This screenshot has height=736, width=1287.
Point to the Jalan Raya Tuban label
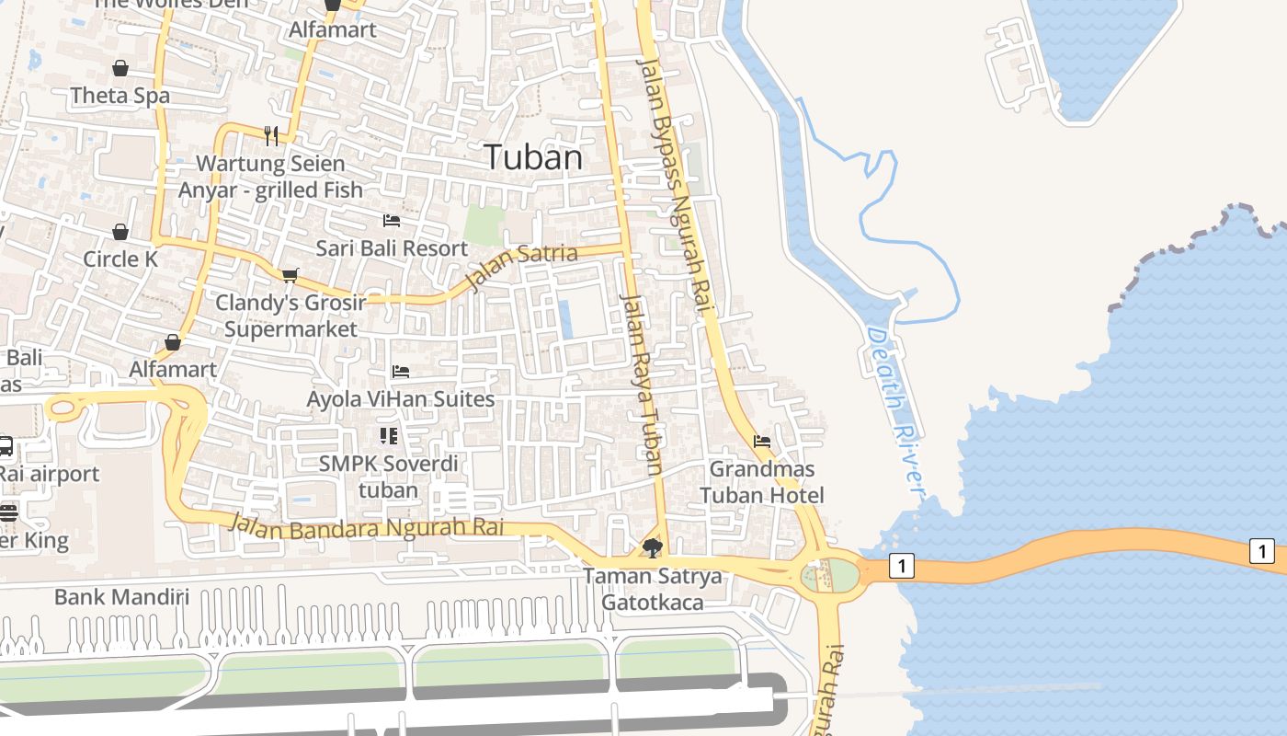tap(642, 384)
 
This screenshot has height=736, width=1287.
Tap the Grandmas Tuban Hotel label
tap(762, 482)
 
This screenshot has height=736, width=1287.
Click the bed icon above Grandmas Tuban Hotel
tap(762, 442)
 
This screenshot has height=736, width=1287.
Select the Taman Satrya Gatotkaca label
tap(653, 590)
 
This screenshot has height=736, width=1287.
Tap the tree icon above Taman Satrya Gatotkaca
tap(653, 549)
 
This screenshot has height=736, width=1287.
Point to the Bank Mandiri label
tap(121, 597)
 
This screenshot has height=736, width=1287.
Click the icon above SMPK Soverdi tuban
tap(388, 435)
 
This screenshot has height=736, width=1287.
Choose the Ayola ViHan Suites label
tap(401, 399)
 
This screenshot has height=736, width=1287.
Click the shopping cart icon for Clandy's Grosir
tap(290, 275)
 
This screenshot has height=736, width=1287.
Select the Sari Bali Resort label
tap(392, 248)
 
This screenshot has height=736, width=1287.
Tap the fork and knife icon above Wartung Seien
tap(271, 136)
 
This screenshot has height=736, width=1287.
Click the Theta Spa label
tap(120, 96)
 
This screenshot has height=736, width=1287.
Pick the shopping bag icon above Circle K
tap(120, 231)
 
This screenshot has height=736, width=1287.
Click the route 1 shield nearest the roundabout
tap(902, 566)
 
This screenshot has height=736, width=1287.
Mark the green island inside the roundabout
tap(830, 576)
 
